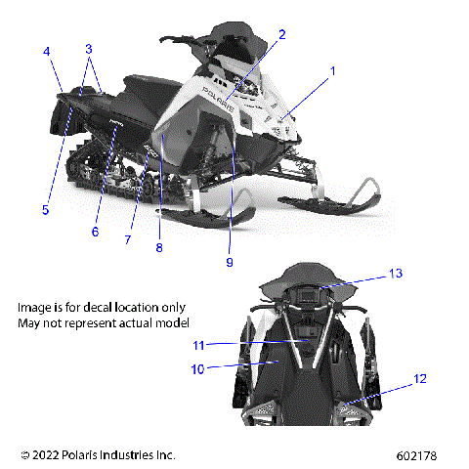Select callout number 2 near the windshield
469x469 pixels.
coord(281,35)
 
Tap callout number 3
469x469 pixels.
coord(89,48)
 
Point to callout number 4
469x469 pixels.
coord(46,51)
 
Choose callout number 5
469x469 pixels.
coord(45,208)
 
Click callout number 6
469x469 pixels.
coord(96,232)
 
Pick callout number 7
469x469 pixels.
coord(127,239)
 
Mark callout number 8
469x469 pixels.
coord(159,247)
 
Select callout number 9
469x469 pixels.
coord(231,261)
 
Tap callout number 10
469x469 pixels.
coord(196,369)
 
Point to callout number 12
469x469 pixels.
coord(419,378)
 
